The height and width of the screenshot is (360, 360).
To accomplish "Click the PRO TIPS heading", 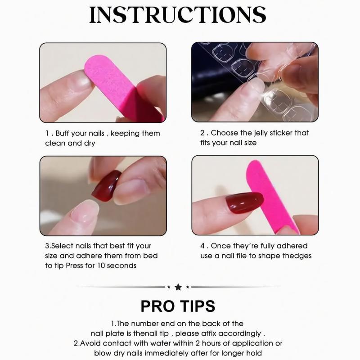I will (x=178, y=306).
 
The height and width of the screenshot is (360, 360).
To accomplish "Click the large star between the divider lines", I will (x=178, y=287).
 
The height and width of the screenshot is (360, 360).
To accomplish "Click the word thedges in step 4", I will (x=297, y=256).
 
